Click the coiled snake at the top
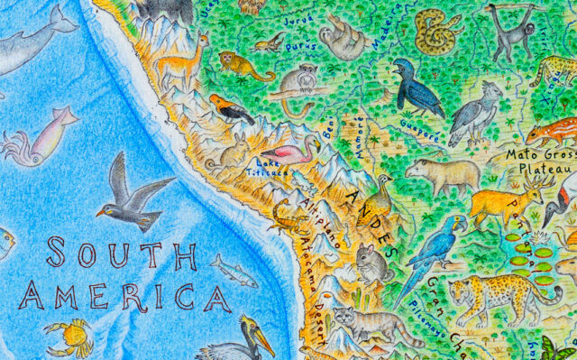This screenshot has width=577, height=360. (436, 32)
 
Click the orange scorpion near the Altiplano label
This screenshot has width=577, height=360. (290, 217)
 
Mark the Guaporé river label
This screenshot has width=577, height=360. (417, 127)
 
